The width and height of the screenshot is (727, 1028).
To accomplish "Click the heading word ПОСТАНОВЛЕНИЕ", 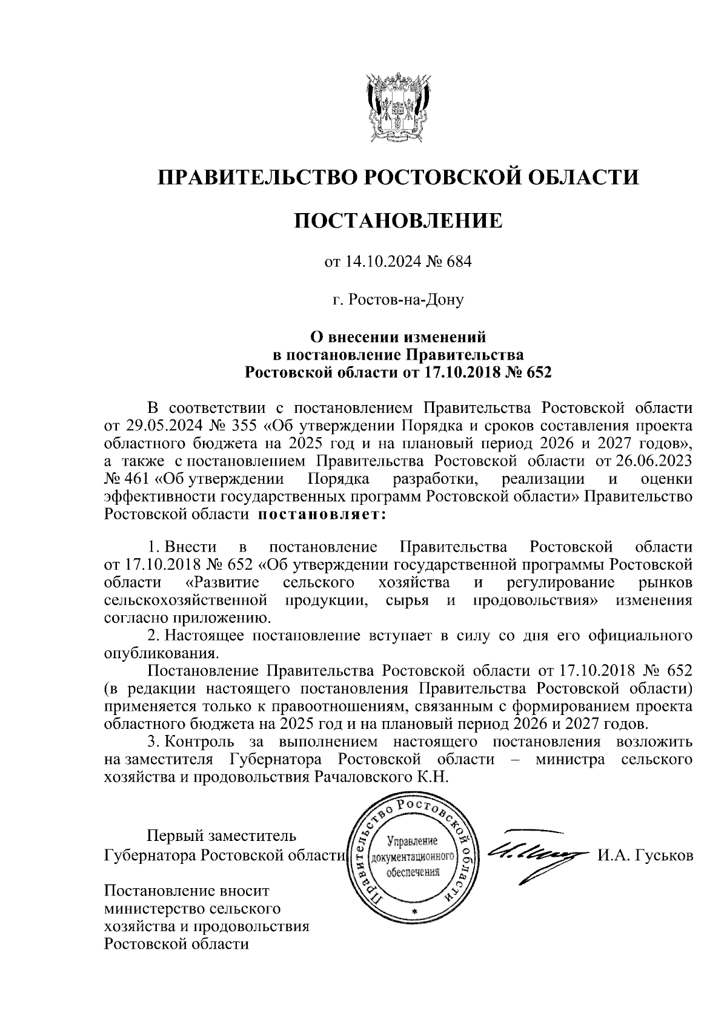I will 398,220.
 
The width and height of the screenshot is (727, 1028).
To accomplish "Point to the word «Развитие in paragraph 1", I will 222,582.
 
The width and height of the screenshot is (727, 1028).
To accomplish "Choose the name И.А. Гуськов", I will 645,855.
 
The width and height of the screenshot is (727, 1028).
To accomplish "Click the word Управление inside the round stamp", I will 411,842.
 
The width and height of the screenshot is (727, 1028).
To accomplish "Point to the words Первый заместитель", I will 222,836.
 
